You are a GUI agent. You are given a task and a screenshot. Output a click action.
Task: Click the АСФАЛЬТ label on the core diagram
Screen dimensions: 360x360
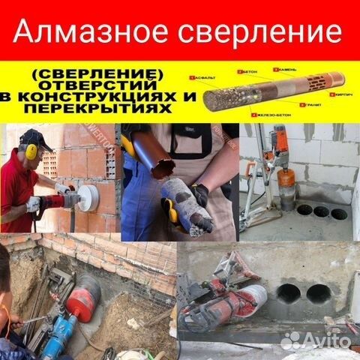206,77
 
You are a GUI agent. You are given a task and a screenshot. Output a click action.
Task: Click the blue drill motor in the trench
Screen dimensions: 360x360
60,330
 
